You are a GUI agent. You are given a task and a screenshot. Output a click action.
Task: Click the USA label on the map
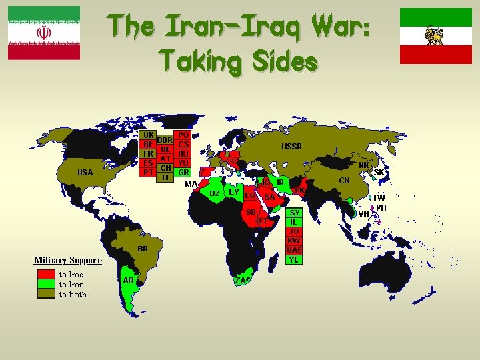pos(85,172)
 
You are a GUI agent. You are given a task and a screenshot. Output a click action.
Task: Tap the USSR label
pos(291,146)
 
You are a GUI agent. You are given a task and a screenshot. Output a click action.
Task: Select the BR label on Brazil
pos(143,248)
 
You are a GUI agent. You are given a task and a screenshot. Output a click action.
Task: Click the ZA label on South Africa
pos(241,280)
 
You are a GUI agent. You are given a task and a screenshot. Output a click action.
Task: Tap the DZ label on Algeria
pos(215,193)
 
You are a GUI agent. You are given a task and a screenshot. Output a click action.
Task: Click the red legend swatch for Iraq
pos(46,274)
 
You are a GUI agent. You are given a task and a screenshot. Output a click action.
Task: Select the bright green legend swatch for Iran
pos(46,284)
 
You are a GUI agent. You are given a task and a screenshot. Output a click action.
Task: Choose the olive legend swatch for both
pos(46,294)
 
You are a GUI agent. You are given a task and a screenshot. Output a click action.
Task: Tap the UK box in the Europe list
pos(149,134)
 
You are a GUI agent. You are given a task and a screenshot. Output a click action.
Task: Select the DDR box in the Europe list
pos(165,140)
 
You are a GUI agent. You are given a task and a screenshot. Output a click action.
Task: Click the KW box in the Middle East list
pos(294,241)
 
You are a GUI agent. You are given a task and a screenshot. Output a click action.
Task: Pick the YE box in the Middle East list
pos(294,259)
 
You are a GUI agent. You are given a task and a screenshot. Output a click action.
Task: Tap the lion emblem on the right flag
pos(435,34)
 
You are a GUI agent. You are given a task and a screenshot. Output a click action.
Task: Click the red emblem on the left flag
pos(43,33)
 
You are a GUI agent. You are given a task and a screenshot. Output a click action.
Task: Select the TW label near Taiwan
pos(379,197)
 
